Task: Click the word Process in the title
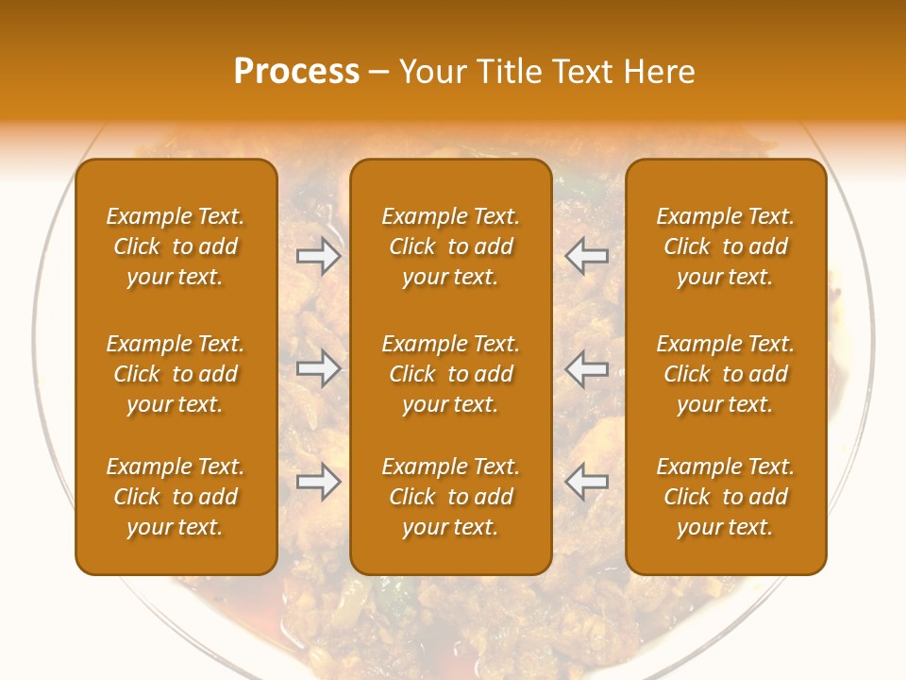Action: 296,72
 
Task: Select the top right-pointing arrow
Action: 319,256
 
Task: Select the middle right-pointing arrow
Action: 319,368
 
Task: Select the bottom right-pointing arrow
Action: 319,482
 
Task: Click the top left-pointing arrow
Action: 587,256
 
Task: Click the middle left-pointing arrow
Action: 587,368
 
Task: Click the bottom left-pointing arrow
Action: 587,482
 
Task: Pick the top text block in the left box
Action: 176,246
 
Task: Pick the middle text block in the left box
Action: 176,374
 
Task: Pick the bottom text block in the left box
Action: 176,497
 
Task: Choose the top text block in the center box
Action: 451,246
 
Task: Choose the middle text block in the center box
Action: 451,374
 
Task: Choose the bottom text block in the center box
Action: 451,497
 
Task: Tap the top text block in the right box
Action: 726,246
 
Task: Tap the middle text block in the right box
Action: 726,374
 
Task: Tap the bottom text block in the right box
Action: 726,497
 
